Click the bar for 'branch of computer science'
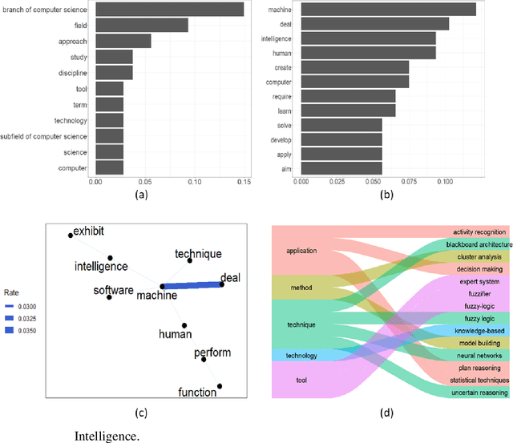click(169, 10)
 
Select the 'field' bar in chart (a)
click(141, 26)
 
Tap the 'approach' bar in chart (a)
click(123, 41)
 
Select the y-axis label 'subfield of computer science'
click(45, 136)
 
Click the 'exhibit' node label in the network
click(88, 232)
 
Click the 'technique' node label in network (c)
click(197, 253)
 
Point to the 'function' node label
click(197, 392)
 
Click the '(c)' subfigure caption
click(140, 413)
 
